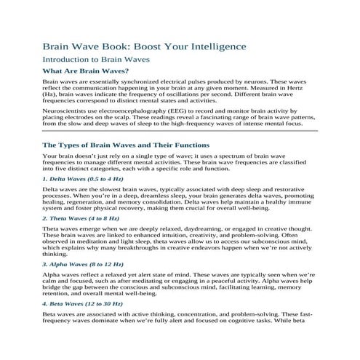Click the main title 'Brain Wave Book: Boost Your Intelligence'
(x=144, y=47)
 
